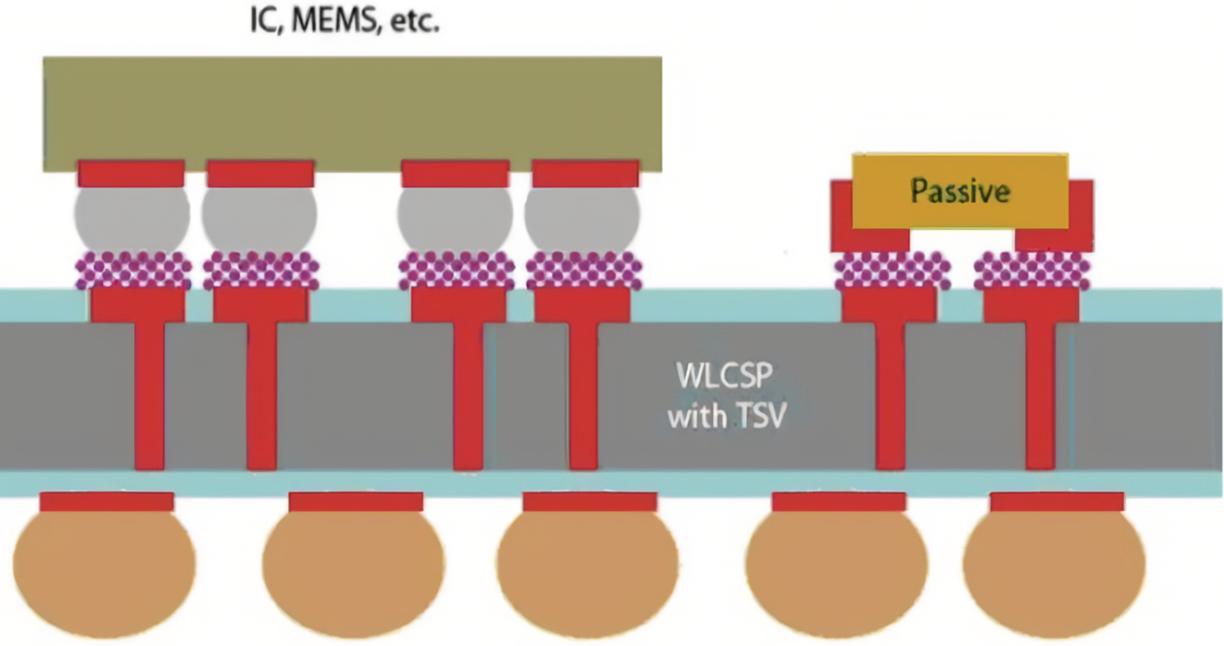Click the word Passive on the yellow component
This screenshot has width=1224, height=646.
(x=960, y=190)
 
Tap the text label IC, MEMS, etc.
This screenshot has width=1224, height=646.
(x=346, y=20)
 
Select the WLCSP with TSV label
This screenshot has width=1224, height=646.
(x=727, y=396)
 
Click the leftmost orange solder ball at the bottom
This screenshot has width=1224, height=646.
(x=105, y=571)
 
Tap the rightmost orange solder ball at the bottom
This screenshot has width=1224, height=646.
(x=1055, y=571)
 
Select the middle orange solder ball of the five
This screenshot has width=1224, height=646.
(x=589, y=571)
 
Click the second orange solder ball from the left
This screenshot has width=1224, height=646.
(x=355, y=571)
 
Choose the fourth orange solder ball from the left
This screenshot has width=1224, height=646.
(x=836, y=571)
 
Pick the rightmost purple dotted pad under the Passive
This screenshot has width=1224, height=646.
(x=1032, y=270)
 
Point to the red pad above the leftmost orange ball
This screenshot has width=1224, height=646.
(x=107, y=501)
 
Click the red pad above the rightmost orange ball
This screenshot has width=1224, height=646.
(x=1057, y=501)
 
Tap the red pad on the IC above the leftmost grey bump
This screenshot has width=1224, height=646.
(x=131, y=174)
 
